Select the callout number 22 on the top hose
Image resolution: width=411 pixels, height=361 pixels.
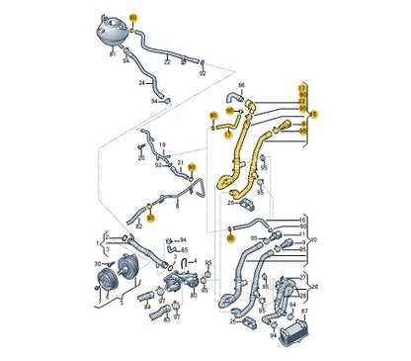click(x=167, y=62)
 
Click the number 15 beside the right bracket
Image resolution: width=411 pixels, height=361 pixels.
click(x=315, y=115)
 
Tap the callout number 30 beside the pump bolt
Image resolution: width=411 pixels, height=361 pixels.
click(x=97, y=265)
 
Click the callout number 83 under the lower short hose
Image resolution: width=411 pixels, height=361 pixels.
click(x=175, y=320)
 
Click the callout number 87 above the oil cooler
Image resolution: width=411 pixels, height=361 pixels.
click(x=302, y=314)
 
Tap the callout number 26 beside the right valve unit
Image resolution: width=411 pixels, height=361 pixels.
click(x=314, y=289)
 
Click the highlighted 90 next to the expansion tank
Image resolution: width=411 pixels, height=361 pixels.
click(x=135, y=19)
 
